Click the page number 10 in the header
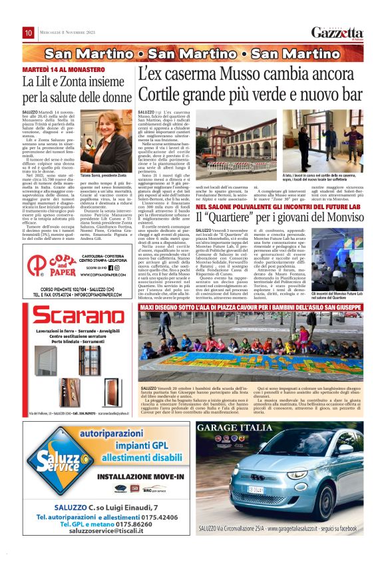pyautogui.click(x=29, y=33)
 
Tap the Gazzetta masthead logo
pyautogui.click(x=337, y=33)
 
